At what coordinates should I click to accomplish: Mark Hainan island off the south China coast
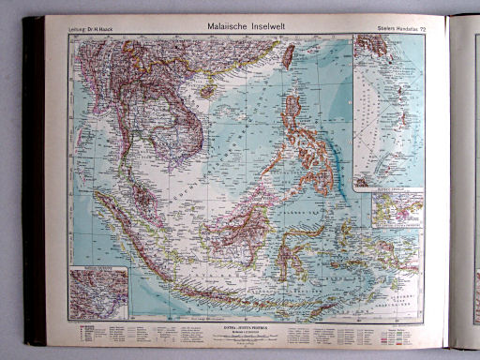(x=207, y=93)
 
